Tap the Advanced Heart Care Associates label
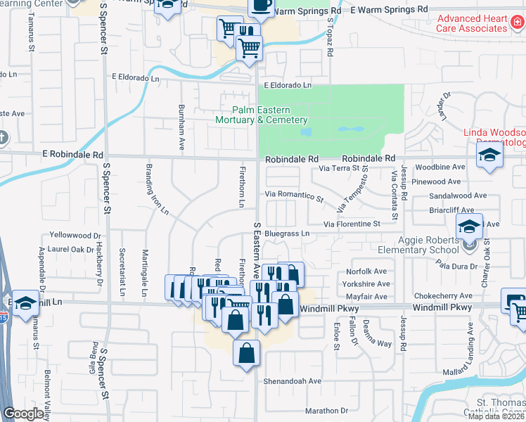pyautogui.click(x=472, y=23)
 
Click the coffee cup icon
pyautogui.click(x=261, y=6)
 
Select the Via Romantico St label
pyautogui.click(x=294, y=195)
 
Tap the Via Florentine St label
pyautogui.click(x=352, y=224)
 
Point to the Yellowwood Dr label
pyautogui.click(x=75, y=235)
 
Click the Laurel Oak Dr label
pyautogui.click(x=72, y=249)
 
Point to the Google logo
pyautogui.click(x=24, y=414)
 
